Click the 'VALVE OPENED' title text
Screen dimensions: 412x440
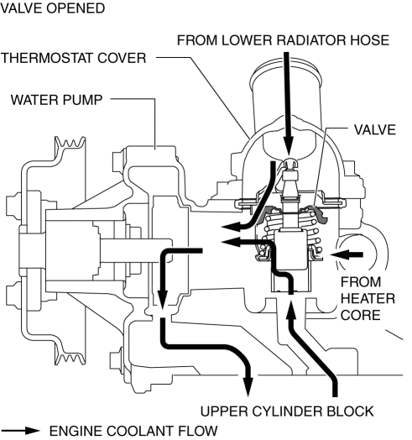[53, 8]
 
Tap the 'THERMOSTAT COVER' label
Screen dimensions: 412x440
[74, 58]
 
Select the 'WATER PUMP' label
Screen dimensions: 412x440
[57, 100]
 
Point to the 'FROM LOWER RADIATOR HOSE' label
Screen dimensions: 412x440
[283, 40]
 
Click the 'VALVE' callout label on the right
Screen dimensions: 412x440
[375, 129]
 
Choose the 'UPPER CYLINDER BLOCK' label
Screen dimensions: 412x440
[287, 411]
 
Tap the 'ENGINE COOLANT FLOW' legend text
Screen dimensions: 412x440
[133, 431]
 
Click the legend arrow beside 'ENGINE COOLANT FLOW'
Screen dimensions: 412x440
[20, 431]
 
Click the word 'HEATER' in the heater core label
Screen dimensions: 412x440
[368, 299]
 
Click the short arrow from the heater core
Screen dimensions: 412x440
[347, 254]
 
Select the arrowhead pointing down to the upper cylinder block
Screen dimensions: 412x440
[248, 387]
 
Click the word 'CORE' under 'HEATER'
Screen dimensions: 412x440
[360, 315]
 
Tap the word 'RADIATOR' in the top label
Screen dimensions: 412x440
[311, 40]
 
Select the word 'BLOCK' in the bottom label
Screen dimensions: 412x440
[350, 411]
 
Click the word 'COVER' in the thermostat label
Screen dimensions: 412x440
[122, 58]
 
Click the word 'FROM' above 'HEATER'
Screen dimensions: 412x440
[361, 282]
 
